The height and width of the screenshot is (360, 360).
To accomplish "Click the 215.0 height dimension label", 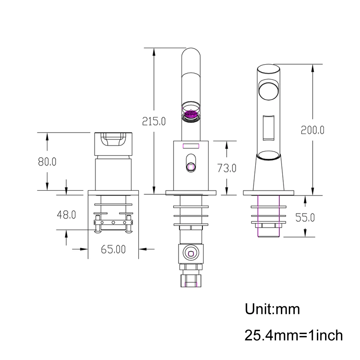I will [154, 121].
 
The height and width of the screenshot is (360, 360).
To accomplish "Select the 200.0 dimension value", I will [312, 130].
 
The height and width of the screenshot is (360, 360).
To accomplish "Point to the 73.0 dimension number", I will [226, 168].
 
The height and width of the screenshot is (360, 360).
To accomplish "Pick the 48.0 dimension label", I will [66, 215].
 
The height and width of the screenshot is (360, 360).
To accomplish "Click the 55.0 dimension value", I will [305, 217].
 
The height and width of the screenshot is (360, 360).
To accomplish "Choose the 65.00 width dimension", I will [113, 249].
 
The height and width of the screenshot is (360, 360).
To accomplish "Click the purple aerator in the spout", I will [190, 115].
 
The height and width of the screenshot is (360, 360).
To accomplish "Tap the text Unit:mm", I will [272, 309].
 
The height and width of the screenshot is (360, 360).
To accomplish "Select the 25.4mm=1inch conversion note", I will [294, 336].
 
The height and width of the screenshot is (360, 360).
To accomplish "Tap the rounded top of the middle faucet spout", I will [190, 54].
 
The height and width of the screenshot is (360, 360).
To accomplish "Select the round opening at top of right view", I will [269, 89].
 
